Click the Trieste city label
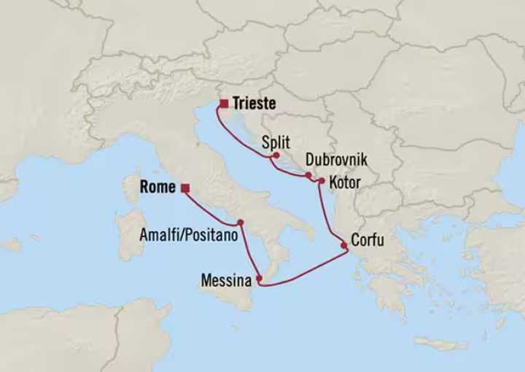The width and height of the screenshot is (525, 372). tap(255, 104)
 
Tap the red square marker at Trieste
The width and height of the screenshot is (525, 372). tap(223, 104)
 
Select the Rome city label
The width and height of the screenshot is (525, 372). tap(157, 187)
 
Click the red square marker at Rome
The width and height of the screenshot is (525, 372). tap(185, 188)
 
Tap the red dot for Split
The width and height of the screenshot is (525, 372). tap(276, 155)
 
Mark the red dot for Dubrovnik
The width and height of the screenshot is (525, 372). tap(309, 175)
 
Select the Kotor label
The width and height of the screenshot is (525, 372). tap(345, 182)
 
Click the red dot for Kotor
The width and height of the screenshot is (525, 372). tap(321, 180)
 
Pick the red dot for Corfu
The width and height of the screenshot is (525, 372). tap(343, 246)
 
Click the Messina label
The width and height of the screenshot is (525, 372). tap(227, 279)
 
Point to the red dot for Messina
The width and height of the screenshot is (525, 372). tap(259, 278)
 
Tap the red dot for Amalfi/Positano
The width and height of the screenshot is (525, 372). tap(239, 222)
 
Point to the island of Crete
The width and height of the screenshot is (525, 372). tap(440, 343)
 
